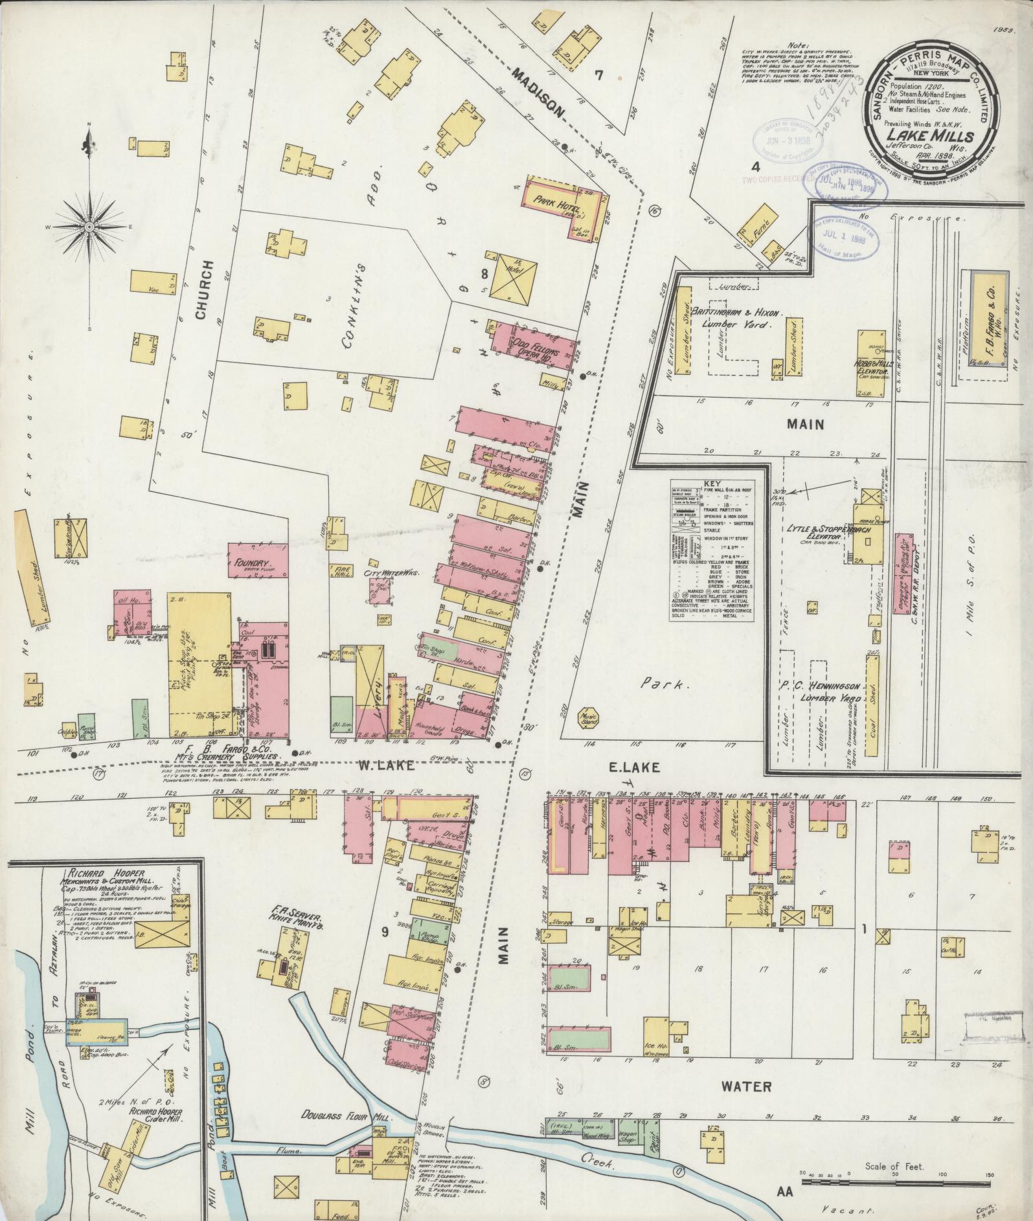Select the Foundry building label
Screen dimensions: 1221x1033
point(252,563)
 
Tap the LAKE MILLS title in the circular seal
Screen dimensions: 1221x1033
point(931,136)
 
